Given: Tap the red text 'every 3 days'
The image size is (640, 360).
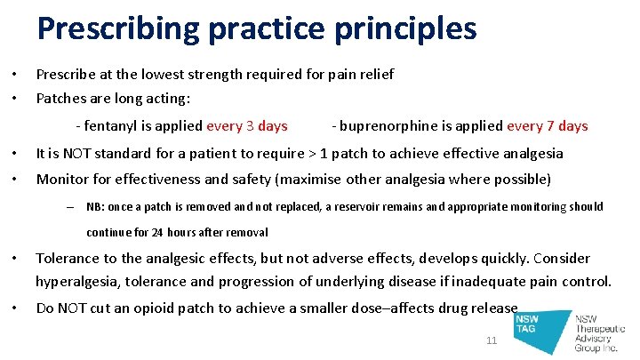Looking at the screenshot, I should pos(246,126).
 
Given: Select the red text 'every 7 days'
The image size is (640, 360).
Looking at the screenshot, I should pos(547,126).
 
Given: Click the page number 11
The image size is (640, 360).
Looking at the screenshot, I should pos(492,341).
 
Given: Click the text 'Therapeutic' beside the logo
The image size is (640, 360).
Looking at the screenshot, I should pos(601,329).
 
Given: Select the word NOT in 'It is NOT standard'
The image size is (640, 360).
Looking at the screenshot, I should pos(80,154).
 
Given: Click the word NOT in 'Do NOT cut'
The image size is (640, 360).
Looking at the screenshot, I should pos(76,308).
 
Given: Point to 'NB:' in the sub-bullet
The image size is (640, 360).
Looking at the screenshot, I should pos(95,207).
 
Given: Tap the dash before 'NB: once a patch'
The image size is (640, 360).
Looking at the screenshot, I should pos(70,207).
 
